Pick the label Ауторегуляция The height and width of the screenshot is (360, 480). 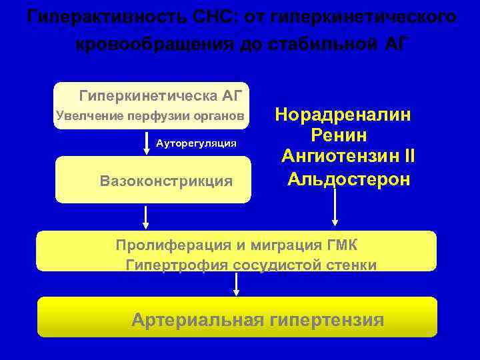pyautogui.click(x=196, y=143)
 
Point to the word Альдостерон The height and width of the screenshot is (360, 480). pyautogui.click(x=349, y=179)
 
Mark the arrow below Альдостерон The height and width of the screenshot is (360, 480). pyautogui.click(x=335, y=210)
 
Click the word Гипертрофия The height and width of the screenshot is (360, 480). pyautogui.click(x=177, y=265)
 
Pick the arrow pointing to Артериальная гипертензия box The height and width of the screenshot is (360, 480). pyautogui.click(x=236, y=284)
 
